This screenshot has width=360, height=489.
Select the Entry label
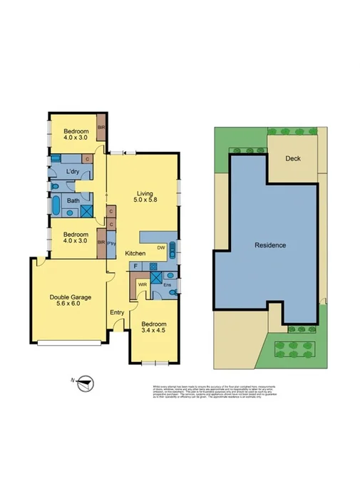pos(116,312)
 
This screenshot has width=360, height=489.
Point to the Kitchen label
pos(135,254)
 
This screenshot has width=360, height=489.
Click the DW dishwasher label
pos(161,247)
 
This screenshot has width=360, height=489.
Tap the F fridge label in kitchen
pos(135,265)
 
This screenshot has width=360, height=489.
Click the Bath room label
pos(73,201)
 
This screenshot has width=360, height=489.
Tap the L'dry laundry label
pos(73,173)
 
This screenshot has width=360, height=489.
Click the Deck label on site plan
pos(292,159)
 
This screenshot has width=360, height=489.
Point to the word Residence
pos(270,245)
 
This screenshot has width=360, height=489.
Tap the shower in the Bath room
pos(87,210)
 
